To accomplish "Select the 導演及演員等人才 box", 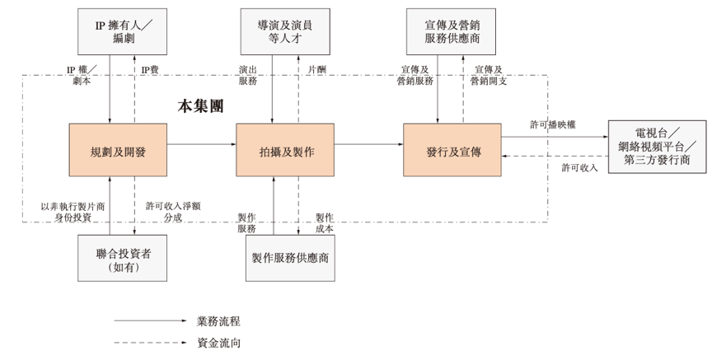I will point(285,31).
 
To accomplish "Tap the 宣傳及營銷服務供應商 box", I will point(452,31).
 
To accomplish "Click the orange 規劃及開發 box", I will point(119,150).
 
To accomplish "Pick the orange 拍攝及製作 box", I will point(285,150).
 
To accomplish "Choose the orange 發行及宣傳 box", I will point(452,150).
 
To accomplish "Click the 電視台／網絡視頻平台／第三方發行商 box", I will point(657,147).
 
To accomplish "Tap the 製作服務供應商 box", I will point(291,258).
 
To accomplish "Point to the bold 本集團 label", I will point(200,106).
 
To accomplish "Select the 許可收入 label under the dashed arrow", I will point(579,168).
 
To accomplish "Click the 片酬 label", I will point(316,70).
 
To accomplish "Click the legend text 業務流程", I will point(218,320).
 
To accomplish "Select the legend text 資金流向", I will point(218,343).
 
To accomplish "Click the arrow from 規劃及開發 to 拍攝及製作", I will point(202,145).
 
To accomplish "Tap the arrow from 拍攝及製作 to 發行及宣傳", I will point(368,145).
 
